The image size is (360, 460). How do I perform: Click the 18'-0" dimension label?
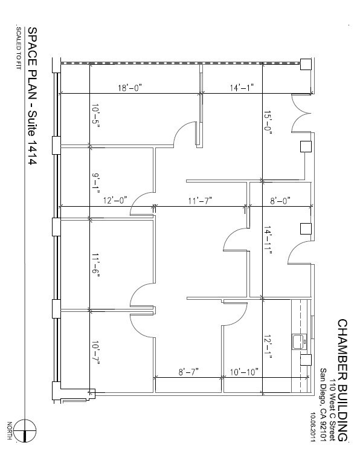(x=130, y=88)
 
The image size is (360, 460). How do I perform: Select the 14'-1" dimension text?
(x=242, y=88)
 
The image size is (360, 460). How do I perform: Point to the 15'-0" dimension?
(x=268, y=123)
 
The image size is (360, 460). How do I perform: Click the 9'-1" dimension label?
(x=95, y=184)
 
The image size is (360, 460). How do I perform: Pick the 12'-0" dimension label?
(x=115, y=201)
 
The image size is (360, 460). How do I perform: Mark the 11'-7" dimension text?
(x=200, y=201)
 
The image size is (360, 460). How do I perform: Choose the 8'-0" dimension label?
(x=280, y=201)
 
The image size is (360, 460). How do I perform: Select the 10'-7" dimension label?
(x=95, y=353)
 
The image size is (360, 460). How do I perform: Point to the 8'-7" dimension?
(x=188, y=372)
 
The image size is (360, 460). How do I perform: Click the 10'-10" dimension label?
(x=244, y=372)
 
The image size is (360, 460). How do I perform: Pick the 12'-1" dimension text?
(x=268, y=347)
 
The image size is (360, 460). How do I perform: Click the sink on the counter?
(x=300, y=342)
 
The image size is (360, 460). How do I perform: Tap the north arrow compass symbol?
(x=25, y=430)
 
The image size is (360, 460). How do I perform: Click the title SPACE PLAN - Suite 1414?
(x=32, y=96)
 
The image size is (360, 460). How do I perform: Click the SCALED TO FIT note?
(x=19, y=48)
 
